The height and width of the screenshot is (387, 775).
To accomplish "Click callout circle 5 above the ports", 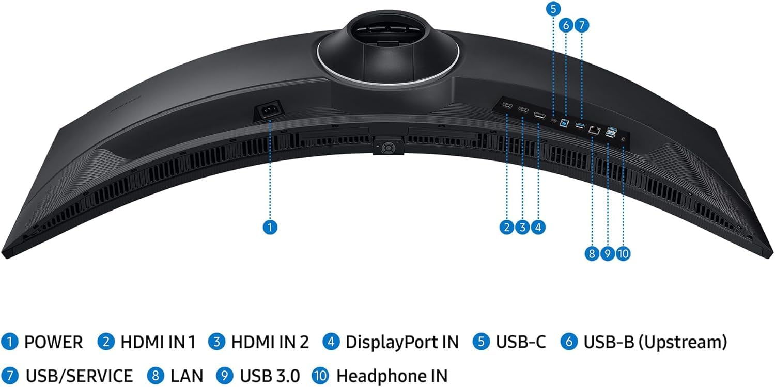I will click(553, 9).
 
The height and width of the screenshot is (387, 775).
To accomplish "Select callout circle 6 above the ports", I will click(566, 24).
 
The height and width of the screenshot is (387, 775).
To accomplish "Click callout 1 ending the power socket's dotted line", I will click(270, 227).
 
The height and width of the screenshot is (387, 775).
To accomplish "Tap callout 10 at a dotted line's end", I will click(623, 253).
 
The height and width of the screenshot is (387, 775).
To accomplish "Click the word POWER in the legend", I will click(53, 342).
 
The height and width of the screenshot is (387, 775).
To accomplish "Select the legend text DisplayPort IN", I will click(402, 342).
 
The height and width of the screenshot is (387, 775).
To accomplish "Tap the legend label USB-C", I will click(520, 342).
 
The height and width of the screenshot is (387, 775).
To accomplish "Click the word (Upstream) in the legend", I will click(687, 342).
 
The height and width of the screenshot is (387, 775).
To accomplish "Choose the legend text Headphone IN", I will click(392, 376).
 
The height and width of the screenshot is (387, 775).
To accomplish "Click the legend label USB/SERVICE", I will click(78, 376).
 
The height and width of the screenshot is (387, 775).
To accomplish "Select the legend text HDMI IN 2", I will click(270, 342).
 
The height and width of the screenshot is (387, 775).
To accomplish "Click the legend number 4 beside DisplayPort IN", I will click(331, 342).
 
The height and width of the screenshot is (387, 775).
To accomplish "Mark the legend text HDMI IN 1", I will click(158, 342).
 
